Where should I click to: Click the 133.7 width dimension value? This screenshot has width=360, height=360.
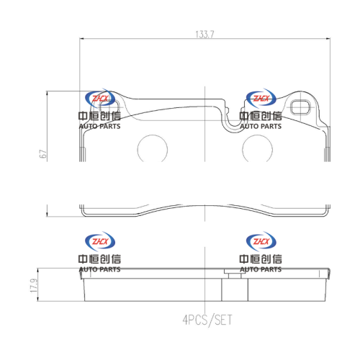pyautogui.click(x=204, y=35)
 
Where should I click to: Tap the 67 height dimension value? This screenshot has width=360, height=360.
pyautogui.click(x=43, y=154)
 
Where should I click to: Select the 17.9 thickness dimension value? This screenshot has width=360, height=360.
pyautogui.click(x=34, y=286)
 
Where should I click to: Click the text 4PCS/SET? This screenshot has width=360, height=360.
pyautogui.click(x=207, y=320)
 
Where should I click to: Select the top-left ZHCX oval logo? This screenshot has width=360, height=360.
pyautogui.click(x=100, y=99)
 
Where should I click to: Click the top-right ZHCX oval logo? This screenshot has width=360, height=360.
pyautogui.click(x=261, y=99)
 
